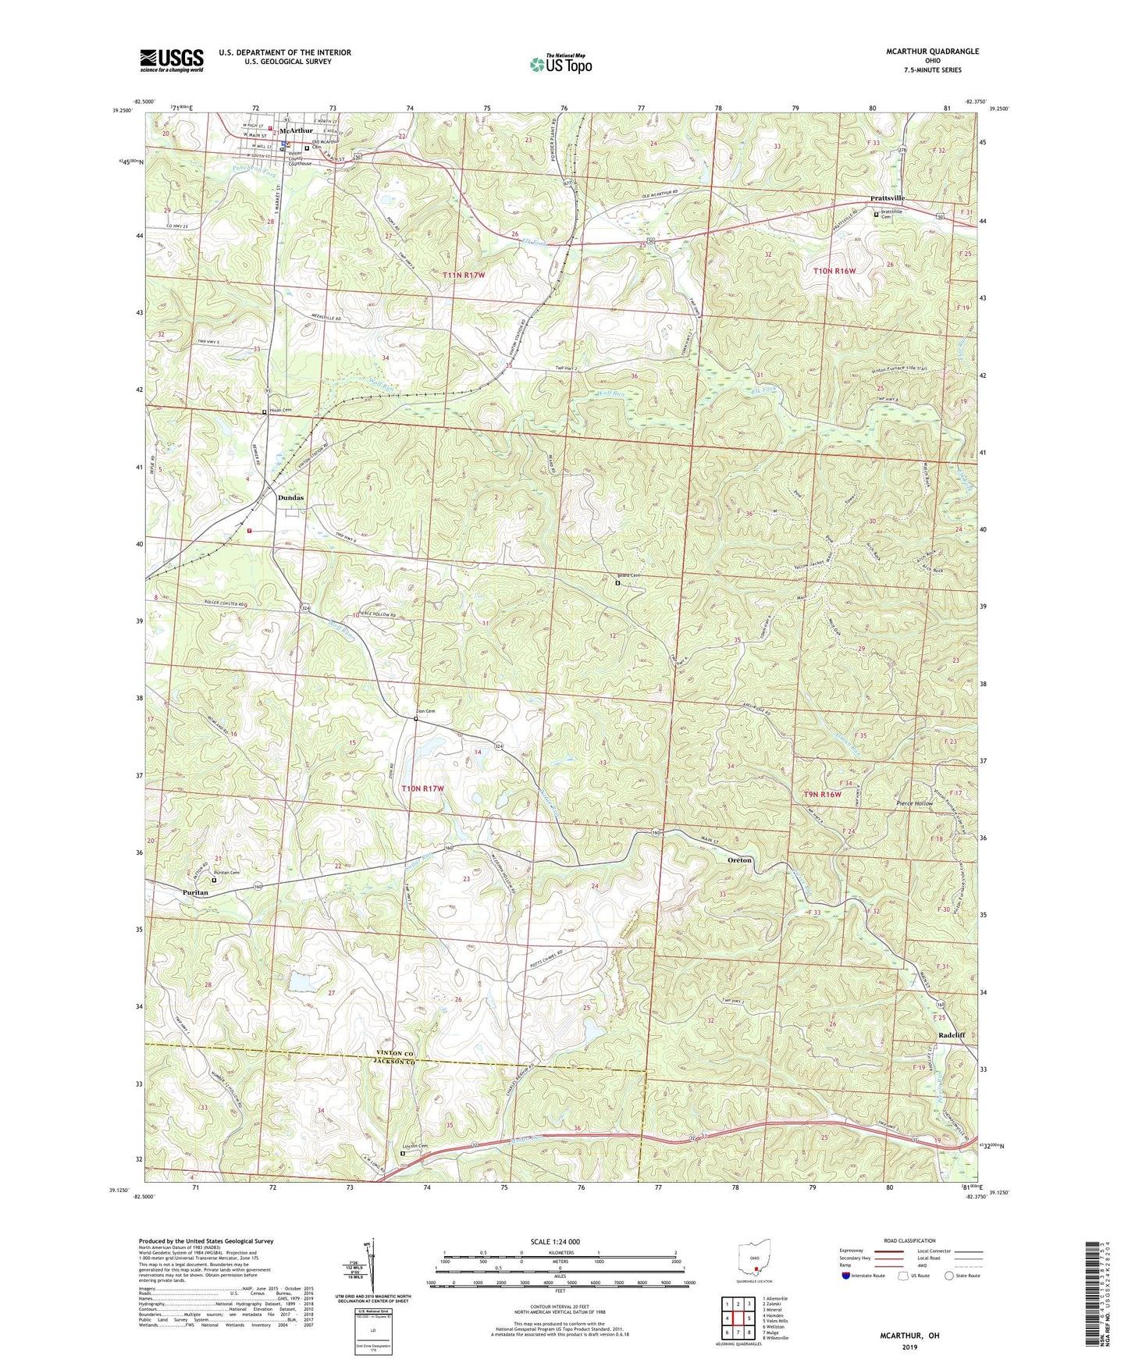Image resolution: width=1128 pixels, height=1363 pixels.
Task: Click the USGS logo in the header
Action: pos(172,60)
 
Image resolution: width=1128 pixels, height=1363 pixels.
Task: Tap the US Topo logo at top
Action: pos(560,64)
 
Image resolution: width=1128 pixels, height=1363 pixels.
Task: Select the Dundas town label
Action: pos(290,497)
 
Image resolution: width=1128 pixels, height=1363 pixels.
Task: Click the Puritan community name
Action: pos(195,892)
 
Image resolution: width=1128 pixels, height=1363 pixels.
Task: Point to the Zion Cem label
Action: pos(425,711)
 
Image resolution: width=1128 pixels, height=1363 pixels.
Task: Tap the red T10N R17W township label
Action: pos(422,788)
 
